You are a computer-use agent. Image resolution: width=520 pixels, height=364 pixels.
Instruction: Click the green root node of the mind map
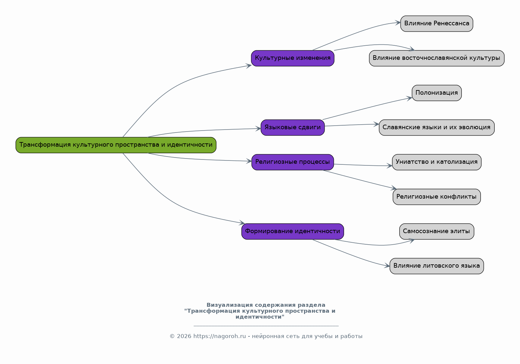[116, 145]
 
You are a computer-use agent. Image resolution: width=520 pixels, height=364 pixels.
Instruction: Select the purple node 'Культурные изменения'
[292, 58]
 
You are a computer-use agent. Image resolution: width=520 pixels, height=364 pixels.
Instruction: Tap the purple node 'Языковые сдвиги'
[292, 128]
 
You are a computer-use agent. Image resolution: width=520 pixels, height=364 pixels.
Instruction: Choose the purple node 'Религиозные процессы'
[292, 162]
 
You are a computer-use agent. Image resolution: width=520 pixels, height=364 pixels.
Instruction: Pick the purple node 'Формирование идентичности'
[292, 231]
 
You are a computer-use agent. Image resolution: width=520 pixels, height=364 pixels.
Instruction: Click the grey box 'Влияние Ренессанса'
[436, 24]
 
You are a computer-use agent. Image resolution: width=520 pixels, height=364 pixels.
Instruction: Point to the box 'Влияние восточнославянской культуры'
[436, 58]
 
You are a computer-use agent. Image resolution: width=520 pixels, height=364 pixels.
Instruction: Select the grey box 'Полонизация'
[436, 93]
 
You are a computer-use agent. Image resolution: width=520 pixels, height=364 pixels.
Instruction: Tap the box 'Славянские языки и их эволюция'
[436, 128]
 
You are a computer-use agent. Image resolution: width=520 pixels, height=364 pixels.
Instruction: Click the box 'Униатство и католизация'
[436, 162]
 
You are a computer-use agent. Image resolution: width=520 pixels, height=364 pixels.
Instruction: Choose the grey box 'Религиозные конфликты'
[436, 197]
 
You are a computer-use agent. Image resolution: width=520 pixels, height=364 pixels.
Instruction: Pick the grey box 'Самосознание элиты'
[436, 231]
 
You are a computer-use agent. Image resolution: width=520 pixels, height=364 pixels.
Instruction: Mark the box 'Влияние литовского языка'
[436, 266]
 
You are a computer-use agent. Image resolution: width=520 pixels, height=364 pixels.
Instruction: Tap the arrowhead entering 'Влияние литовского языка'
[387, 266]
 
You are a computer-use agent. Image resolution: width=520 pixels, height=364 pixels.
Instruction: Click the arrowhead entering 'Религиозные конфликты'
[393, 188]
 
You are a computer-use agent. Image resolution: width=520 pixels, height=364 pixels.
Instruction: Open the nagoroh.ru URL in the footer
[219, 336]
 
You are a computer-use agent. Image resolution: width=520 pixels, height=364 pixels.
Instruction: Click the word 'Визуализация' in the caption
[226, 305]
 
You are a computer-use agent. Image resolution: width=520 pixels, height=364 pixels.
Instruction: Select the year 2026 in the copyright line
[184, 336]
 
